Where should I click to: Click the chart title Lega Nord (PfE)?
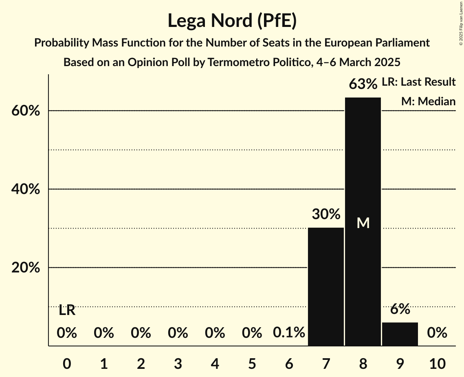coord(232,21)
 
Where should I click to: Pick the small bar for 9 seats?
coord(400,334)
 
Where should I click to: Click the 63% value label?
coord(363,84)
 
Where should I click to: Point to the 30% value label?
coord(326,214)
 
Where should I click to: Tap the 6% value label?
coord(400,309)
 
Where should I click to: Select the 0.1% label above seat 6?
coord(289,333)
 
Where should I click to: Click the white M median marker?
coord(363,223)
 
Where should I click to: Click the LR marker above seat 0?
coord(67,310)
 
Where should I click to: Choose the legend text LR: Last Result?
coord(418,82)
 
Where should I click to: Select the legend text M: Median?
coord(428,101)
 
